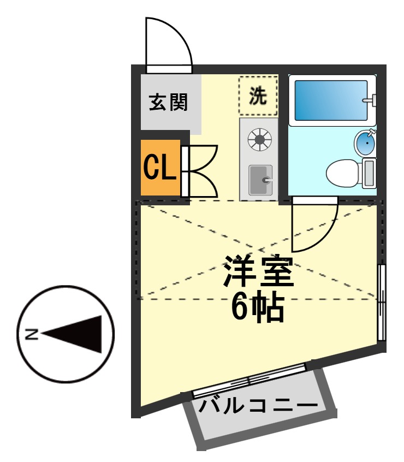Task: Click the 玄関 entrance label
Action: coord(168,102)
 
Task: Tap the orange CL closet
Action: coord(161,168)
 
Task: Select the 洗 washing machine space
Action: coord(258,96)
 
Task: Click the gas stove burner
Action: coord(259,139)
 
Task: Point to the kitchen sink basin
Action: coord(260,180)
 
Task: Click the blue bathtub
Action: coord(331,100)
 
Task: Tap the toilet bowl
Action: coord(342,173)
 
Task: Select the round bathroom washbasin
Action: coord(365,143)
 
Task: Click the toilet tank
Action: coord(369,173)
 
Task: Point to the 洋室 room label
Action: coord(259,271)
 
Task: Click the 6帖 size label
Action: coord(258,306)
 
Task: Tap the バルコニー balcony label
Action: coord(258,406)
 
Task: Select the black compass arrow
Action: coord(72,334)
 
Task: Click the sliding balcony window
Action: coord(249,380)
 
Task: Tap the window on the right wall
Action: coord(382,303)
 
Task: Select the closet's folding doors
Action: coord(200,171)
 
